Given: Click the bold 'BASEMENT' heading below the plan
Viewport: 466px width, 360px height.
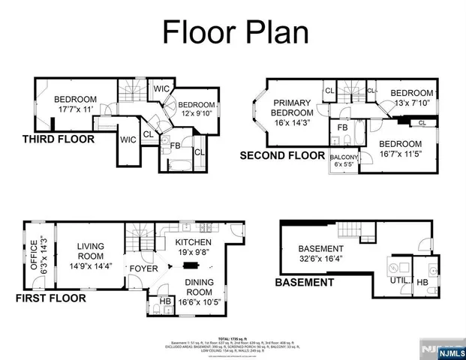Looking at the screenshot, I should pos(304,283).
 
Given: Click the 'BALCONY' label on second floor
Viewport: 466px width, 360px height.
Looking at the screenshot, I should pos(344,157).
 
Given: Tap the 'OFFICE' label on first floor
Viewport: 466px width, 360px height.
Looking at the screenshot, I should pos(32,255).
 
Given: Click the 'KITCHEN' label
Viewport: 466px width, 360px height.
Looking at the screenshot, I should pos(194,243).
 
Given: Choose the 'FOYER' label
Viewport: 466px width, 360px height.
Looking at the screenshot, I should pos(143,268).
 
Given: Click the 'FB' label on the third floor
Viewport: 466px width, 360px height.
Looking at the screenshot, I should pos(175,145).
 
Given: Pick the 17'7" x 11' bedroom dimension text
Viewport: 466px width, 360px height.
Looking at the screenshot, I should pos(74,109).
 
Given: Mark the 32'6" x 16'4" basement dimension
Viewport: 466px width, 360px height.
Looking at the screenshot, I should pos(320,260).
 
